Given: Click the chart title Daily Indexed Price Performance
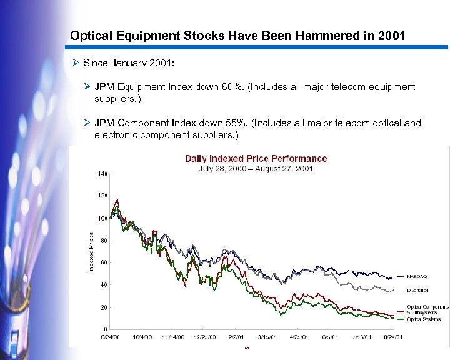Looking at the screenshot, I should pos(256,159).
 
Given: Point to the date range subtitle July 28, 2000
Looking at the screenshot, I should pos(221,169).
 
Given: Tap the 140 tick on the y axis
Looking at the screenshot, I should pos(102,173).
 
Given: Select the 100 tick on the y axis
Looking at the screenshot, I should pos(102,218).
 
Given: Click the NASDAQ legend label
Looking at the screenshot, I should pos(417,276).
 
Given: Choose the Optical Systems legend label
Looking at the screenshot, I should pos(424,319).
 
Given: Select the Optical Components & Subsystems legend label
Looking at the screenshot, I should pos(427,309).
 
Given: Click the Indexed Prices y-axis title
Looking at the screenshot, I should pos(91,252).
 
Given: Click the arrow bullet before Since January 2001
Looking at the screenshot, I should pos(76,64).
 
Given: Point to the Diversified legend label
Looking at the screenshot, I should pos(419,291).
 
